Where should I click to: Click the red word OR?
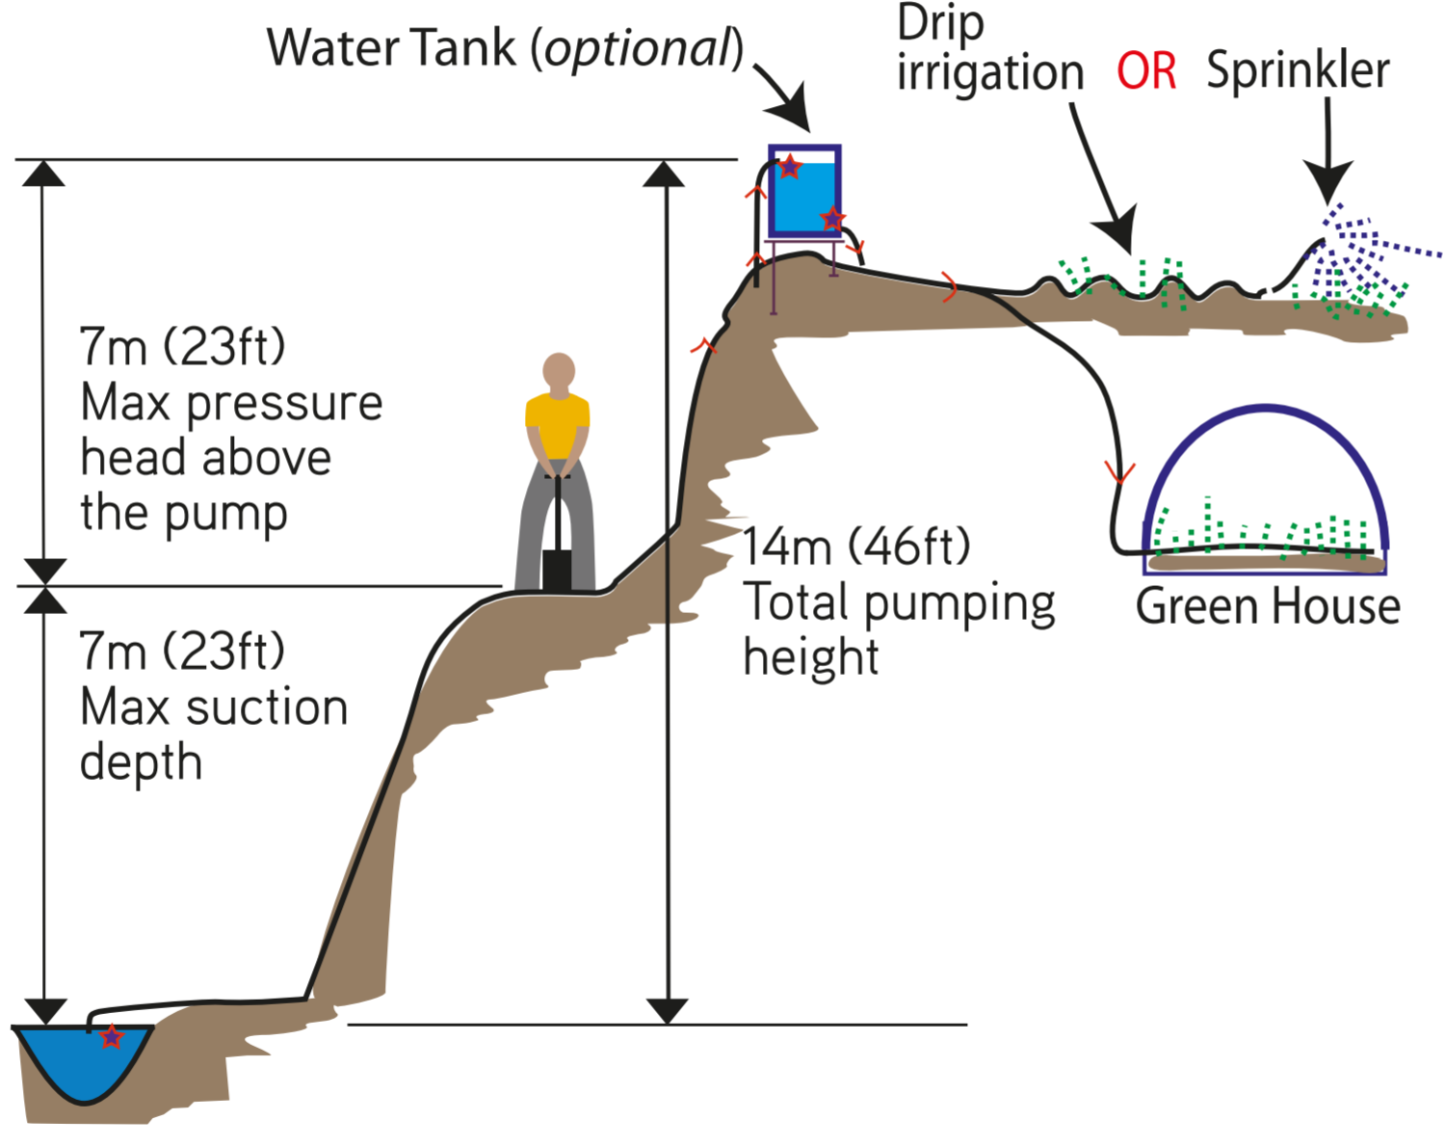[1145, 72]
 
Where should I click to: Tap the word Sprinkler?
[1298, 70]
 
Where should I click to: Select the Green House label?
[1267, 606]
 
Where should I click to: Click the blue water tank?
[803, 197]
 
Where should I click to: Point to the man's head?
[559, 371]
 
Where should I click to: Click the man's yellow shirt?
[557, 424]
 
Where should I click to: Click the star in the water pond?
[112, 1036]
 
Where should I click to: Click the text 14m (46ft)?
[855, 547]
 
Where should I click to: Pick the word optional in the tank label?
[638, 48]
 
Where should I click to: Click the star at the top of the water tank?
[789, 167]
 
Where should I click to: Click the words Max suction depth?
[212, 707]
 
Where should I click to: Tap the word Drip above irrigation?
[939, 24]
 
